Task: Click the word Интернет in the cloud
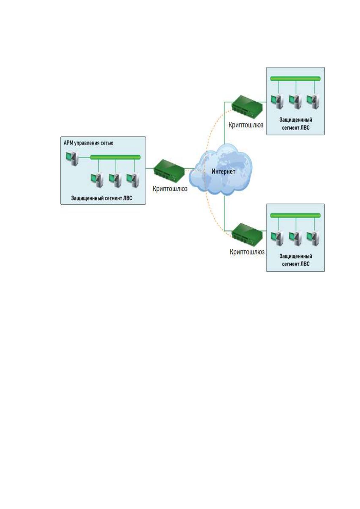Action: tap(223, 171)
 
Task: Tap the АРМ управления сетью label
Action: tap(88, 143)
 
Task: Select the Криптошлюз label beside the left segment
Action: tap(170, 189)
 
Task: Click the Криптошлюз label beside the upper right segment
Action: tap(246, 125)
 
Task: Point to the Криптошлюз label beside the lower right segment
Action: tap(247, 252)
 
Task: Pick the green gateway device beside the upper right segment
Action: tap(247, 107)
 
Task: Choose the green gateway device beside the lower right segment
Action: tap(247, 234)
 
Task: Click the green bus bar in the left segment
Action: tap(115, 157)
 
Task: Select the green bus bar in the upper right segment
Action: tap(295, 79)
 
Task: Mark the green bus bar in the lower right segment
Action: tap(295, 215)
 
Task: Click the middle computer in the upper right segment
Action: tap(295, 102)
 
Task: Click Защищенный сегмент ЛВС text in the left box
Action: tap(102, 198)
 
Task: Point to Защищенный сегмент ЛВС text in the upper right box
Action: tap(296, 124)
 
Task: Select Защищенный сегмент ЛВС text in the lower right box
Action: tap(296, 260)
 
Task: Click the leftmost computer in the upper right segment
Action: tap(277, 102)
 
